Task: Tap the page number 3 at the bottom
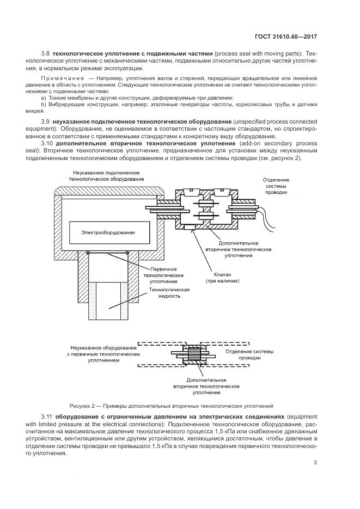click(x=315, y=463)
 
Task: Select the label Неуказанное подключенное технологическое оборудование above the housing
click(x=106, y=175)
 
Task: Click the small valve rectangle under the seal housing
click(x=190, y=228)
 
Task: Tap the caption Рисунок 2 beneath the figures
click(x=171, y=406)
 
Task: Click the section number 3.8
click(x=46, y=53)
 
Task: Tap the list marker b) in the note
click(x=43, y=103)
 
